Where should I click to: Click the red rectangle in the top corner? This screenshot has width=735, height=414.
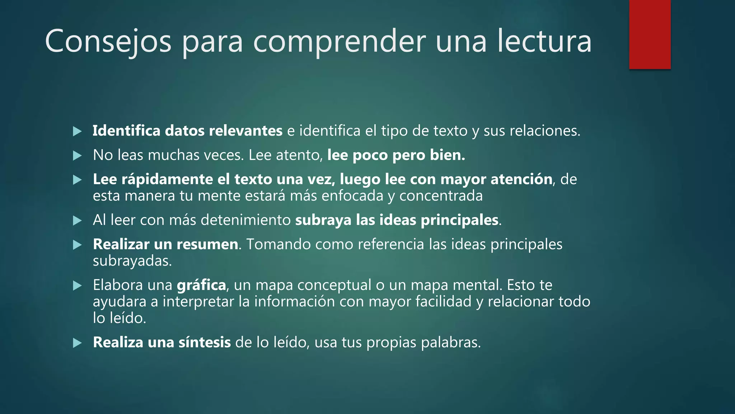click(x=650, y=34)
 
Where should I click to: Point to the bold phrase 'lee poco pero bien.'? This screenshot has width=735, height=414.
click(x=396, y=155)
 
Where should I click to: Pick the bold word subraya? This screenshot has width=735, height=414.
click(x=323, y=220)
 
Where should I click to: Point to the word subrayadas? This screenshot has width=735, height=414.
click(x=131, y=261)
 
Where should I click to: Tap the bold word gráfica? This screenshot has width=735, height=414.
click(x=201, y=285)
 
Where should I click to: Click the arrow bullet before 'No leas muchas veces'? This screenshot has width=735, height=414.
click(x=77, y=156)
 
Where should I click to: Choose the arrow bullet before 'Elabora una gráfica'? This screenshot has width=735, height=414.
click(x=77, y=286)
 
